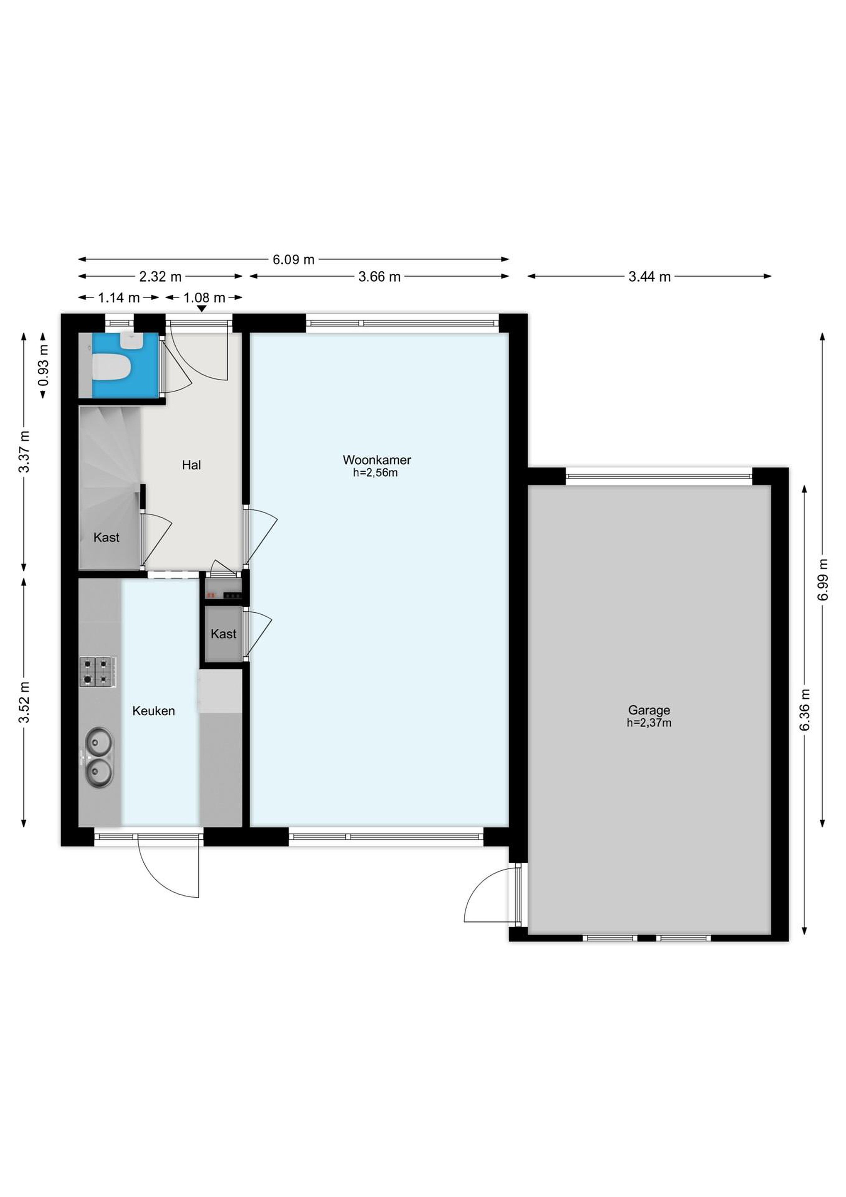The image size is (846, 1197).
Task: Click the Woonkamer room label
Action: (x=377, y=460)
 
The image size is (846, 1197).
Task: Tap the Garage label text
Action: (x=649, y=710)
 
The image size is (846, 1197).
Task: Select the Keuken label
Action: (x=153, y=711)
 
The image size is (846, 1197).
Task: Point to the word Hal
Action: (x=191, y=465)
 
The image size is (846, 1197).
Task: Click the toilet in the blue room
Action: (x=110, y=367)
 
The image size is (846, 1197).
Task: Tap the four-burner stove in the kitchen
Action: (x=98, y=672)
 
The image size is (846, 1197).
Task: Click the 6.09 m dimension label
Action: (x=294, y=259)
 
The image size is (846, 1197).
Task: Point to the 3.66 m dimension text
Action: (x=379, y=276)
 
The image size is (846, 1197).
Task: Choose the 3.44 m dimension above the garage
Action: (x=649, y=276)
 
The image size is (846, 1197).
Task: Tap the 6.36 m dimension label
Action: (x=805, y=709)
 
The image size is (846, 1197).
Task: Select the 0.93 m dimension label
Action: (x=43, y=365)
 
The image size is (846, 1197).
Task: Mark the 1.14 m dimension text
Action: (x=119, y=298)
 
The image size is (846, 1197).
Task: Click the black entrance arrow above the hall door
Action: (x=201, y=309)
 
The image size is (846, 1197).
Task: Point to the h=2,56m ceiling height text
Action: (x=375, y=473)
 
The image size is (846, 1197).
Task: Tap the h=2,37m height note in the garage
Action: (x=649, y=723)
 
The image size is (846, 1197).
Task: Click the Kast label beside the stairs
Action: (x=106, y=537)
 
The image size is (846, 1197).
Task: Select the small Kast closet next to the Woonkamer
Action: (x=223, y=633)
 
